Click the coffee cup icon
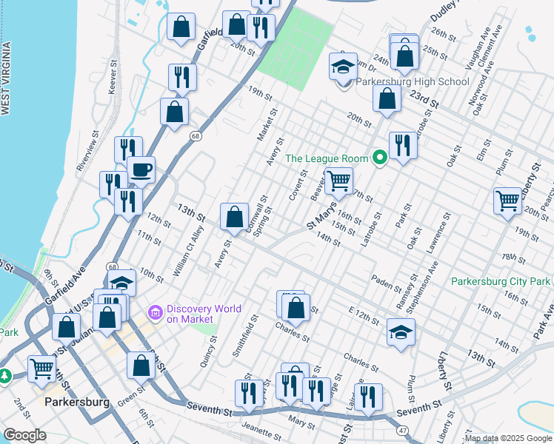point(141,170)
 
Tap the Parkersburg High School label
point(413,82)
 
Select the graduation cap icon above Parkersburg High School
point(343,67)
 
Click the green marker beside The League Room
point(380,158)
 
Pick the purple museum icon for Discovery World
point(156,314)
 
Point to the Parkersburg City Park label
point(501,281)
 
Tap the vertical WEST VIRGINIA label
point(6,78)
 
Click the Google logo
point(24,435)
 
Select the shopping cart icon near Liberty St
point(508,200)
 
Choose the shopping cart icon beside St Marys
point(338,180)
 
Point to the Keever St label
point(114,77)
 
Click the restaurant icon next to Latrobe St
point(402,144)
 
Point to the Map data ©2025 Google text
point(508,438)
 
